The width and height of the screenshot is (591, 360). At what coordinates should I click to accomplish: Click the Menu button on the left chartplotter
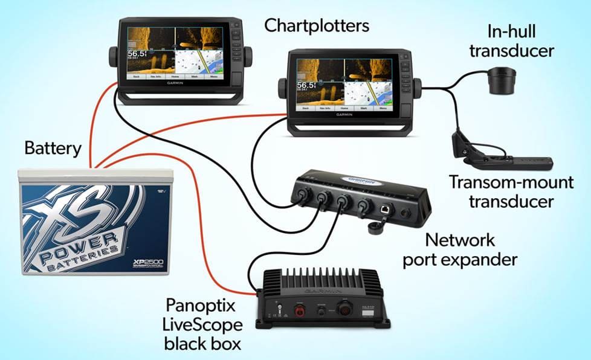click(x=213, y=77)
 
